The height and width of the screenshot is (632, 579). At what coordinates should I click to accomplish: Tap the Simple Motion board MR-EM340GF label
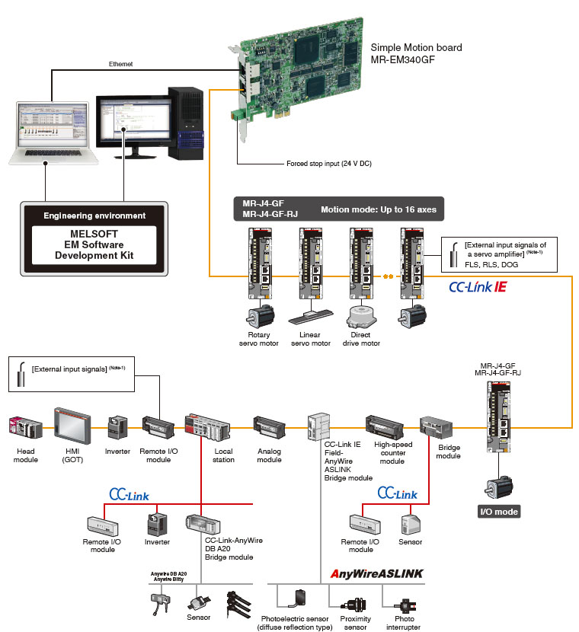click(x=416, y=53)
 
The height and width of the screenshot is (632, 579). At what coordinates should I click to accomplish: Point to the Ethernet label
click(x=120, y=65)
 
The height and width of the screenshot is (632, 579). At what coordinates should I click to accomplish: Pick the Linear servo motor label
click(x=311, y=337)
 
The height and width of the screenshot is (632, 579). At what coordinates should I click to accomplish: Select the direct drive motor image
click(x=362, y=318)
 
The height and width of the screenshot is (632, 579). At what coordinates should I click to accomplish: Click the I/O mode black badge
click(x=498, y=512)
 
